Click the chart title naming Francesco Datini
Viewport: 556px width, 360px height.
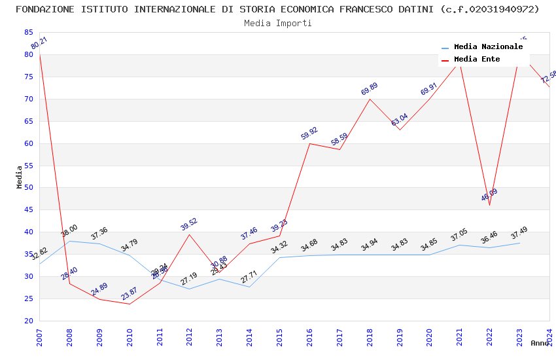[277, 9]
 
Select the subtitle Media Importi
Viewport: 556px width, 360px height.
[277, 23]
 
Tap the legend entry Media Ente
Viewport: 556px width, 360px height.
[477, 59]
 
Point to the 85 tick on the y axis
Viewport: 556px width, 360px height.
[28, 32]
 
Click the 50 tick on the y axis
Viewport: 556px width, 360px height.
[28, 188]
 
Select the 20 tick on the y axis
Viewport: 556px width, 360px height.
[28, 321]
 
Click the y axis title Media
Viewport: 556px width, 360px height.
[20, 177]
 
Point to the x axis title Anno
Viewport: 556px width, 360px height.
[540, 343]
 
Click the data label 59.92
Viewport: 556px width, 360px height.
[309, 133]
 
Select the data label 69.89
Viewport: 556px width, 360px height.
[370, 89]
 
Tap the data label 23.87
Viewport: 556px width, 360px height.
[130, 294]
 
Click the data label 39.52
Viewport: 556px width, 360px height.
[189, 224]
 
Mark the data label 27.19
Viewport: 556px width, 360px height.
[189, 279]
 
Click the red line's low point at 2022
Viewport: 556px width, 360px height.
[489, 205]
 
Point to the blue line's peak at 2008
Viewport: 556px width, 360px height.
[69, 241]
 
